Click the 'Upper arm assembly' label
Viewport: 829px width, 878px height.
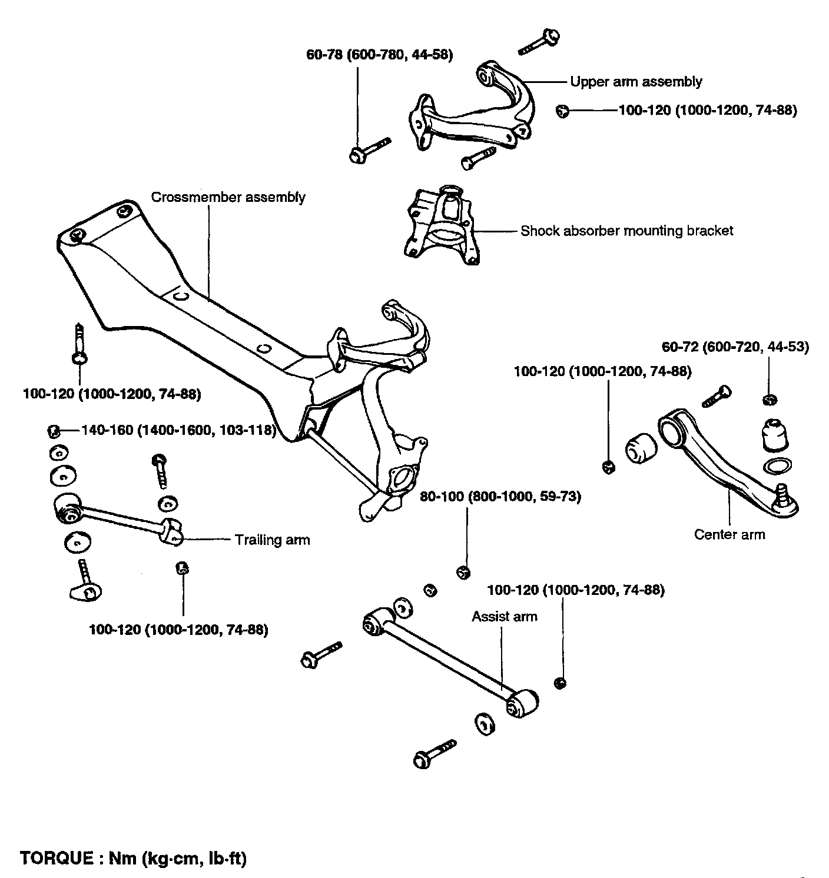pyautogui.click(x=636, y=81)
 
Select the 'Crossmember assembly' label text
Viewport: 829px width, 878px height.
pyautogui.click(x=228, y=197)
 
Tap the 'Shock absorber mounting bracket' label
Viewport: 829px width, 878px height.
pyautogui.click(x=626, y=231)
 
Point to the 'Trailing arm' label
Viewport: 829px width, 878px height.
pyautogui.click(x=272, y=540)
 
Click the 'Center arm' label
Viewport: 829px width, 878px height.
pyautogui.click(x=729, y=534)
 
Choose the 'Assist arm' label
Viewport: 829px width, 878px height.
pyautogui.click(x=505, y=617)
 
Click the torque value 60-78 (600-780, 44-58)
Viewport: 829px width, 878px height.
pyautogui.click(x=379, y=56)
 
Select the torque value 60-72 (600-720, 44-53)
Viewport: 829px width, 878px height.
pyautogui.click(x=735, y=347)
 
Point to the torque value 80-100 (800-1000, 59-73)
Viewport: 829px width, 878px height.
pyautogui.click(x=500, y=497)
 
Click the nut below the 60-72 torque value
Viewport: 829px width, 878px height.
pyautogui.click(x=769, y=401)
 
